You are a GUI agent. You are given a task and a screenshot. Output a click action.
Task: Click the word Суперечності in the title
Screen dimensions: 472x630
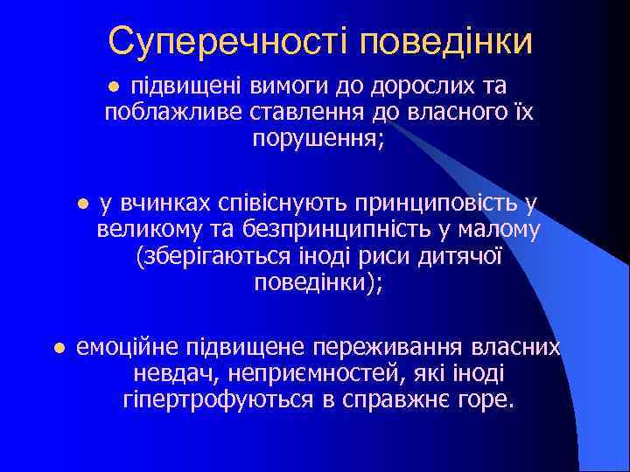click(229, 40)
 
